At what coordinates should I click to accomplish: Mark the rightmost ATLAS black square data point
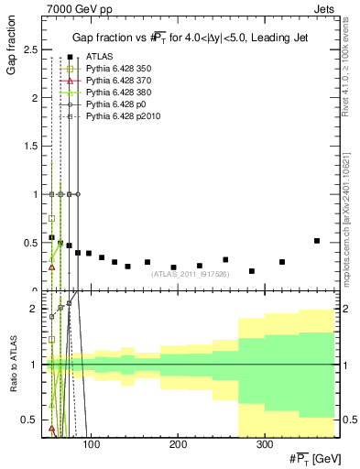[317, 241]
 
